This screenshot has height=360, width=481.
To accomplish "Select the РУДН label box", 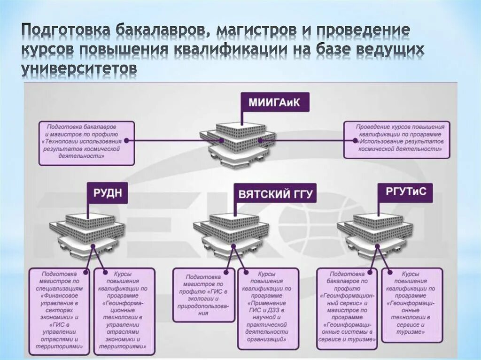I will tap(107, 193).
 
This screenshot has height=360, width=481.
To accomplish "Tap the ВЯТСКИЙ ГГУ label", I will tap(275, 194).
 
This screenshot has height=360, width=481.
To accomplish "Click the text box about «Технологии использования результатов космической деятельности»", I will tap(86, 143).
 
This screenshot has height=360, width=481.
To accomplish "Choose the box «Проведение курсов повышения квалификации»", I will tap(396, 139).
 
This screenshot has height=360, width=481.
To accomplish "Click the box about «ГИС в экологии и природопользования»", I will tap(203, 295).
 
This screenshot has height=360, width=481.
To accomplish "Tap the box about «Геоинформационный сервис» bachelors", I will tap(347, 309).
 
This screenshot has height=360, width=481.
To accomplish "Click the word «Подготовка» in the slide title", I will tap(65, 31).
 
